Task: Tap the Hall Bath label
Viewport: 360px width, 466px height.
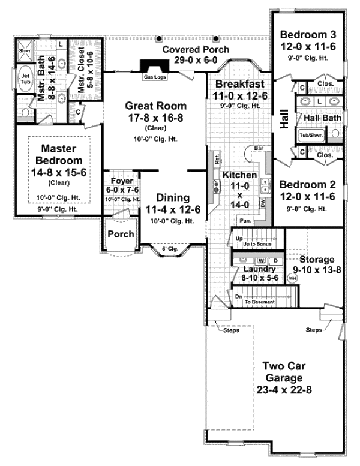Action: click(322, 118)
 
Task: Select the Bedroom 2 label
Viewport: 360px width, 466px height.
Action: click(307, 184)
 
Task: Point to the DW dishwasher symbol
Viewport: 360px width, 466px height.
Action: click(262, 204)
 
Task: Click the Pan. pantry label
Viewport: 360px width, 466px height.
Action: click(245, 220)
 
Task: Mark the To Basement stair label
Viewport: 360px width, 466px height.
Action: click(259, 302)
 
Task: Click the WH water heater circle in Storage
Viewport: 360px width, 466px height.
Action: click(293, 278)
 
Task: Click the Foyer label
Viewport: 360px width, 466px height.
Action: click(122, 179)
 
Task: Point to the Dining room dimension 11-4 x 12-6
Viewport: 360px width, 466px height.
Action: click(173, 209)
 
